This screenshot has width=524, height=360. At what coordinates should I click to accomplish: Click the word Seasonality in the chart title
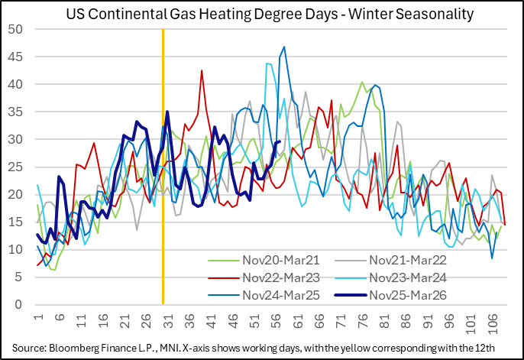pyautogui.click(x=430, y=14)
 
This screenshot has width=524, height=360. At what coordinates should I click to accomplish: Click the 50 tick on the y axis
pyautogui.click(x=15, y=29)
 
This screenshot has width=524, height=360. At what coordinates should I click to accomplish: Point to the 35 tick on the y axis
pyautogui.click(x=15, y=112)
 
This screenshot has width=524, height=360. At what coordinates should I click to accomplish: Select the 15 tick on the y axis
pyautogui.click(x=15, y=222)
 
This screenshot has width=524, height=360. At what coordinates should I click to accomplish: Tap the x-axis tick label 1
pyautogui.click(x=37, y=317)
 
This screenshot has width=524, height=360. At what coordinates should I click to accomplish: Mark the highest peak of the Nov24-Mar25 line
pyautogui.click(x=284, y=47)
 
